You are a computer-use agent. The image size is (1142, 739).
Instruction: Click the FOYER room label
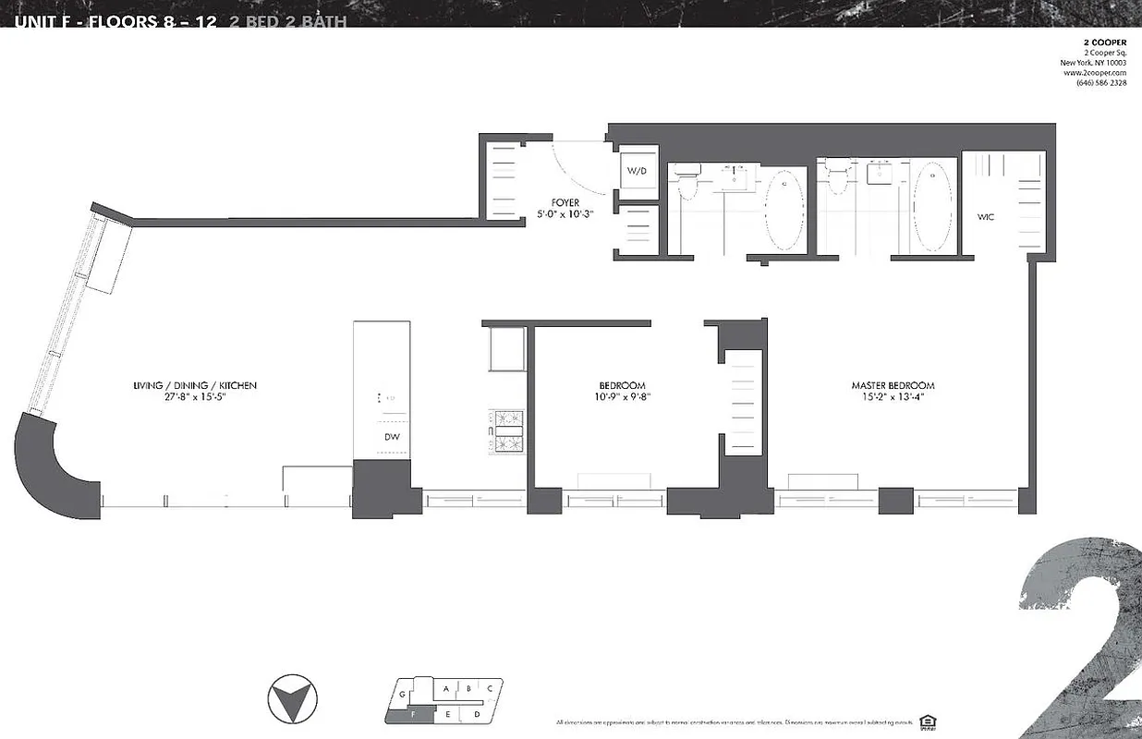(565, 202)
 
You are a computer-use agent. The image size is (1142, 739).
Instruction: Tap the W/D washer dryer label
(638, 171)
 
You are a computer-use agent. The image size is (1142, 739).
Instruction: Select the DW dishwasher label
(392, 438)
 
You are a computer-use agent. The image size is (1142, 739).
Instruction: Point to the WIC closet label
(985, 217)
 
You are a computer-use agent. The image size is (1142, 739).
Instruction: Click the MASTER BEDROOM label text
(893, 385)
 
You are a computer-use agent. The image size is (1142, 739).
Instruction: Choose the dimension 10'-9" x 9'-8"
(621, 398)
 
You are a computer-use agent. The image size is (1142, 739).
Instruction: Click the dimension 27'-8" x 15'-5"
(194, 398)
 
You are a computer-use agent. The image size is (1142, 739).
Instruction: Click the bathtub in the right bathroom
(932, 205)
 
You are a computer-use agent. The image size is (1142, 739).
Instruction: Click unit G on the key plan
(402, 693)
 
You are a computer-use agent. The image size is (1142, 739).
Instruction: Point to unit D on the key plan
(477, 714)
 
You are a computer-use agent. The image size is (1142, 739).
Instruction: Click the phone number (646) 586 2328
(1100, 83)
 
